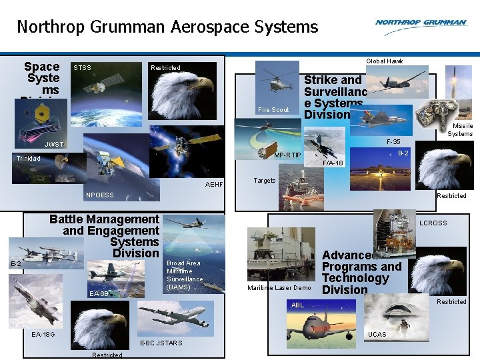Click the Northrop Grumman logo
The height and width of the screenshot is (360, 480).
pos(421,23)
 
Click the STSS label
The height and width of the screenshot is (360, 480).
pos(82,67)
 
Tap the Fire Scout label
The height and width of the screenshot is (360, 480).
pos(273,110)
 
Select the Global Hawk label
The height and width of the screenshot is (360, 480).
pos(385,61)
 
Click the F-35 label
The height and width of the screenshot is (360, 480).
pos(393,142)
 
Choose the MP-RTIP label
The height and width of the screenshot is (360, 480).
pos(288,156)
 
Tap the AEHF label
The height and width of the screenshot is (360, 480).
pos(214,184)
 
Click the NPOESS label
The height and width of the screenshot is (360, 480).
pos(100,195)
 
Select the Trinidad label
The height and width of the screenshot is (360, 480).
pos(29,159)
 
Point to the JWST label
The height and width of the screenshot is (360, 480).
pos(54,144)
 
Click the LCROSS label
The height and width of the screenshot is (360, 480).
pos(433,223)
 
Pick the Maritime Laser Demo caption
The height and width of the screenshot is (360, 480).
pos(279,288)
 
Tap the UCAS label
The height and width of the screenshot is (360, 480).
pos(377,334)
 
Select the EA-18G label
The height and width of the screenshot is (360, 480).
pos(43,334)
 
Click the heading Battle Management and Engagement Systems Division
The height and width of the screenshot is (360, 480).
pos(105,236)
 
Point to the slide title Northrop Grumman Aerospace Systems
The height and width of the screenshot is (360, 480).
pos(167,27)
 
